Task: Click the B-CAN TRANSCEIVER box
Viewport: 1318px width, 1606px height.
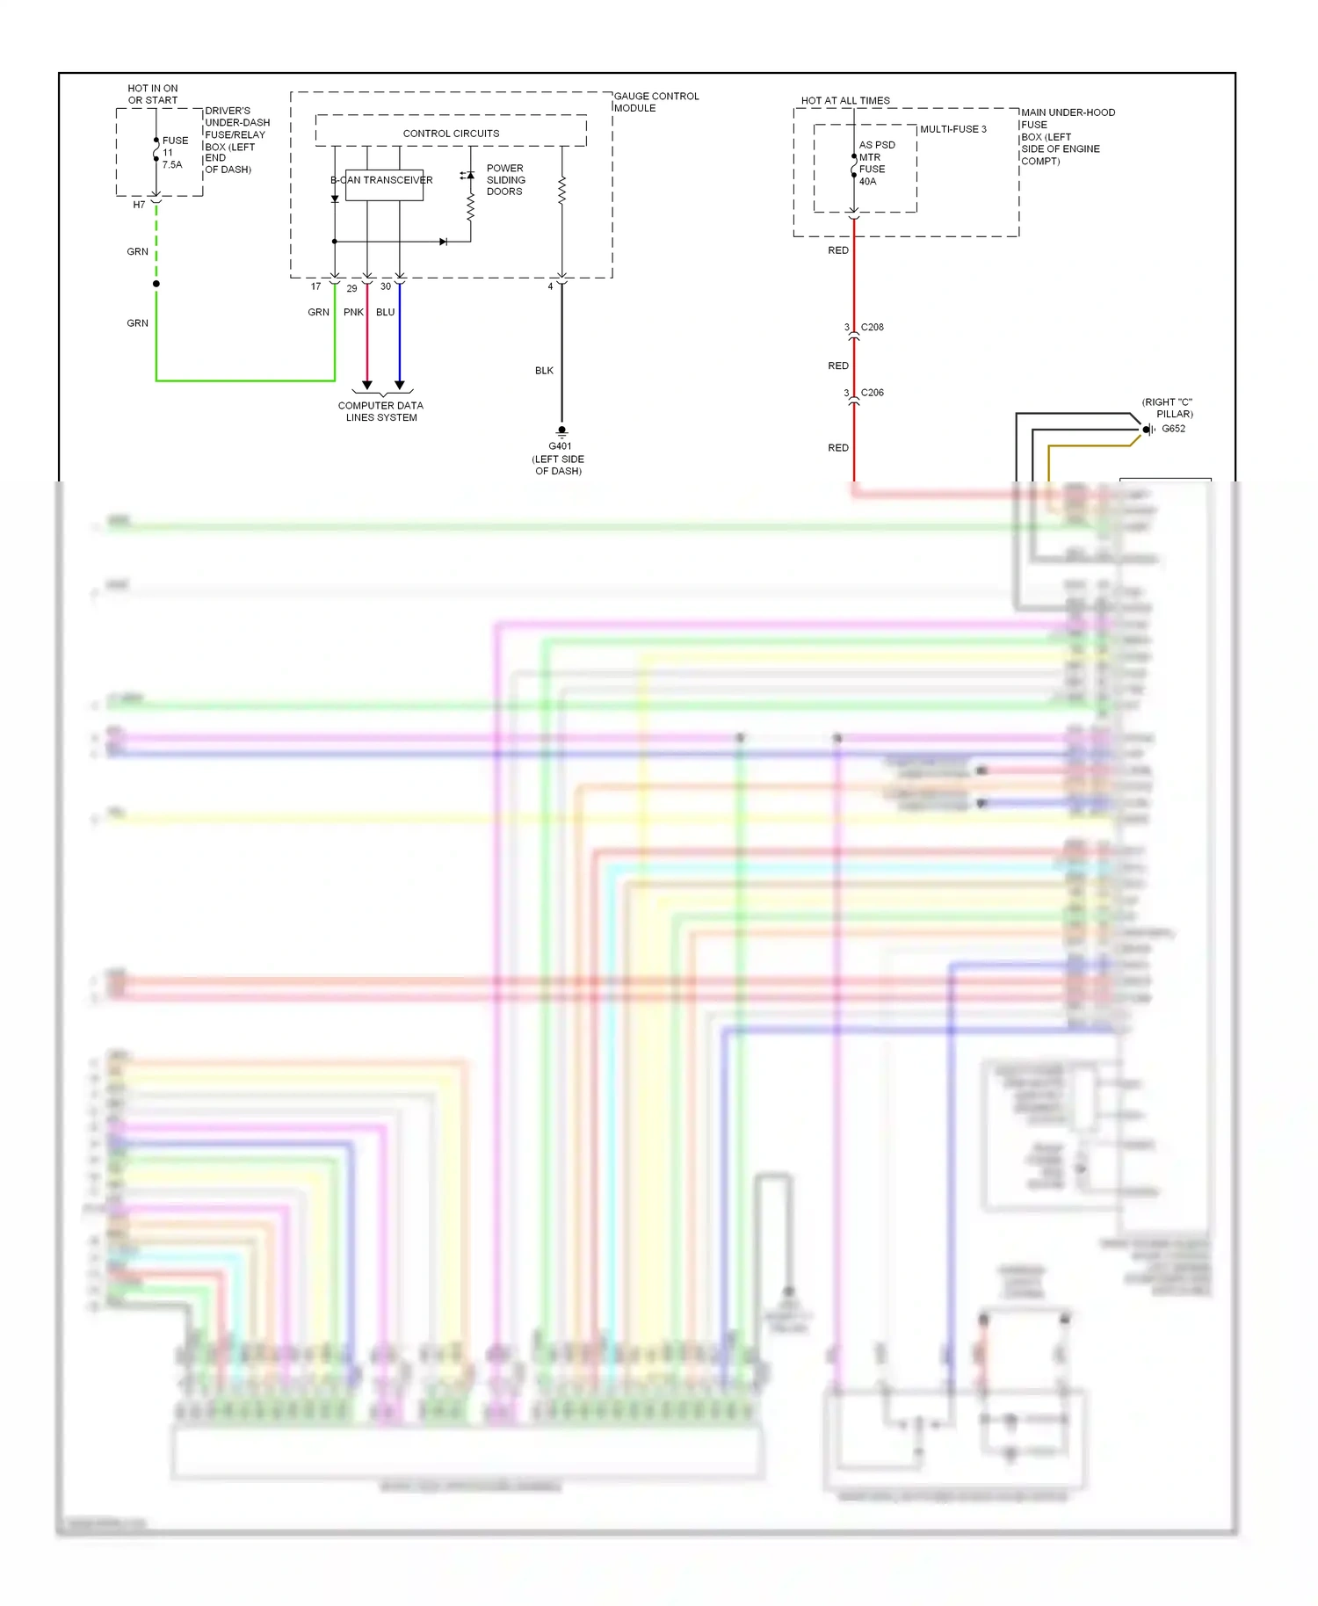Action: [384, 184]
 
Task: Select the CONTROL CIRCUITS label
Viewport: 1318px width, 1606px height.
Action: [451, 134]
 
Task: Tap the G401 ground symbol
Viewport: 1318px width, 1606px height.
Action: [561, 430]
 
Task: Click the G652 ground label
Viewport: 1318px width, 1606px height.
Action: [1173, 429]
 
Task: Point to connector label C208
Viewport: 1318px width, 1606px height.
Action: [872, 327]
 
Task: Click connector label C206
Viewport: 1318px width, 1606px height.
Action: [872, 393]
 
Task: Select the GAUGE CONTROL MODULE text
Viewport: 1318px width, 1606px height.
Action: [655, 102]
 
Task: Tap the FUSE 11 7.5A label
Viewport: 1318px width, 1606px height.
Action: [174, 152]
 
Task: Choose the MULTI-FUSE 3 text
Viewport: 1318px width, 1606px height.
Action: [952, 129]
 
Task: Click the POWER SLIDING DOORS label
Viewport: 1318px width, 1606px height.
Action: [505, 179]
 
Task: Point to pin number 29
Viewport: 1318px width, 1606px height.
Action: [351, 288]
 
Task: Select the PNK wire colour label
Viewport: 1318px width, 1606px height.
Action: [353, 312]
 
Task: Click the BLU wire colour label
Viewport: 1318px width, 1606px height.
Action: [385, 312]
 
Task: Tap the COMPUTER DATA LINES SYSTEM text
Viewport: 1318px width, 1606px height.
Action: [380, 411]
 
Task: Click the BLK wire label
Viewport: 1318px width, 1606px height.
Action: [544, 371]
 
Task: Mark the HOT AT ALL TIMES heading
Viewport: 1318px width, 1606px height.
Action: [844, 101]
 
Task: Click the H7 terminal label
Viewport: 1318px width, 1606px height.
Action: [139, 205]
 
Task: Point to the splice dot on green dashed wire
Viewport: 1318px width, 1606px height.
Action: [156, 284]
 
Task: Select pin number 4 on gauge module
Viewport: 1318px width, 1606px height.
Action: [550, 286]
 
